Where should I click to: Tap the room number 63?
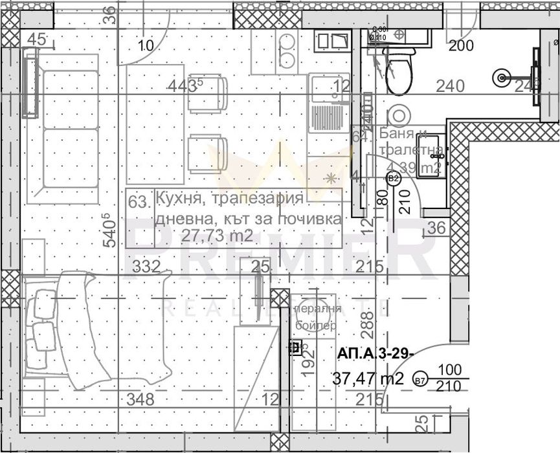(138, 200)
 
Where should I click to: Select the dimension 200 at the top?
(461, 45)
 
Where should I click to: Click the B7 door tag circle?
(420, 381)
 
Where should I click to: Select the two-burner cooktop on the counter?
(286, 52)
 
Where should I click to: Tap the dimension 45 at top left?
(38, 40)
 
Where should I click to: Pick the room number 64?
(359, 137)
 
